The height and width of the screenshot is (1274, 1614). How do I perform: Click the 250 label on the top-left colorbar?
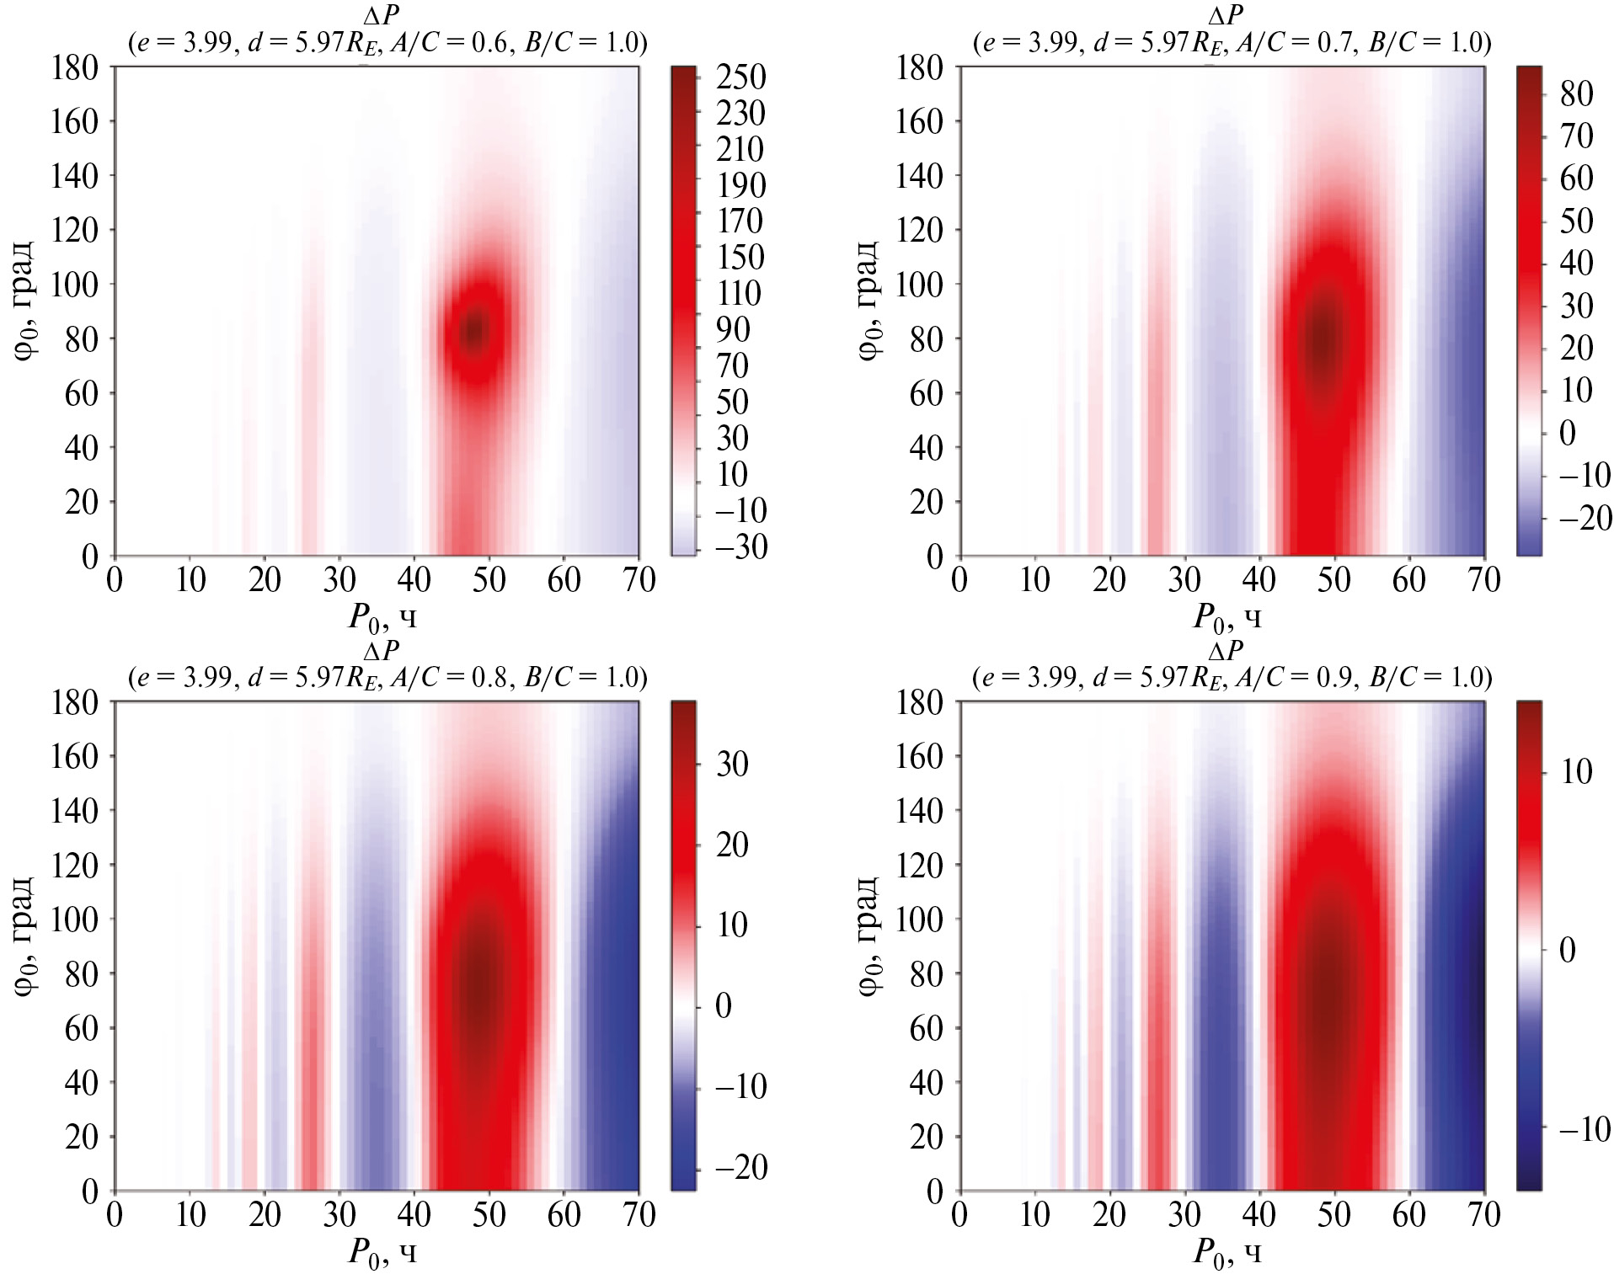click(x=740, y=77)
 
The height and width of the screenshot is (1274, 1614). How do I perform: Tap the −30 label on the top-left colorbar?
click(x=740, y=547)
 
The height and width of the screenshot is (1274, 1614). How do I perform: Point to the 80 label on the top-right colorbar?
click(x=1576, y=93)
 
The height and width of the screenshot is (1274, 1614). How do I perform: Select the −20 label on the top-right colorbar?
click(x=1585, y=518)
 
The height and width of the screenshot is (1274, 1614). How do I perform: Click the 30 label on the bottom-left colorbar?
click(x=732, y=765)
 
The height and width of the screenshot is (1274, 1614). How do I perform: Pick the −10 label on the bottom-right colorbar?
click(x=1585, y=1129)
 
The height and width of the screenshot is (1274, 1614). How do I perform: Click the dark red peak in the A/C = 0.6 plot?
click(x=475, y=330)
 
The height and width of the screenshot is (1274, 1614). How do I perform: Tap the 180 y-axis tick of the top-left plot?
click(x=74, y=67)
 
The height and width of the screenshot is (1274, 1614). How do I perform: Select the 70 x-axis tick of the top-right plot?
click(x=1483, y=580)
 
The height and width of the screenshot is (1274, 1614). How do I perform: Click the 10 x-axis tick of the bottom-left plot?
click(x=190, y=1215)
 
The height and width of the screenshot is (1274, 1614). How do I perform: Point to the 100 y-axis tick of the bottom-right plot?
click(x=919, y=919)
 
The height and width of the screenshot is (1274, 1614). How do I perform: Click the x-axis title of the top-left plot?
click(x=383, y=618)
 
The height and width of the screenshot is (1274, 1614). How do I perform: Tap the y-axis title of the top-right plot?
click(x=868, y=301)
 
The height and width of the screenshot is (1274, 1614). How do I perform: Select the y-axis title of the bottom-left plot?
click(x=24, y=936)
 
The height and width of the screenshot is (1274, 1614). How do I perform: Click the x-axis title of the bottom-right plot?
click(x=1227, y=1253)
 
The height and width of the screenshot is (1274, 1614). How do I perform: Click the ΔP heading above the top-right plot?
click(x=1226, y=15)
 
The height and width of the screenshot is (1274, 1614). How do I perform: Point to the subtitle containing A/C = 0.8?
click(x=387, y=677)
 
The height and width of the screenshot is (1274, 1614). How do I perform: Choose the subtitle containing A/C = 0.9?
click(x=1232, y=677)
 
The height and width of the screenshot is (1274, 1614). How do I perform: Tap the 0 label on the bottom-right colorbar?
click(x=1567, y=951)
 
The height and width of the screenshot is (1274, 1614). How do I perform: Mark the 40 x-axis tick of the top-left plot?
click(x=414, y=580)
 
